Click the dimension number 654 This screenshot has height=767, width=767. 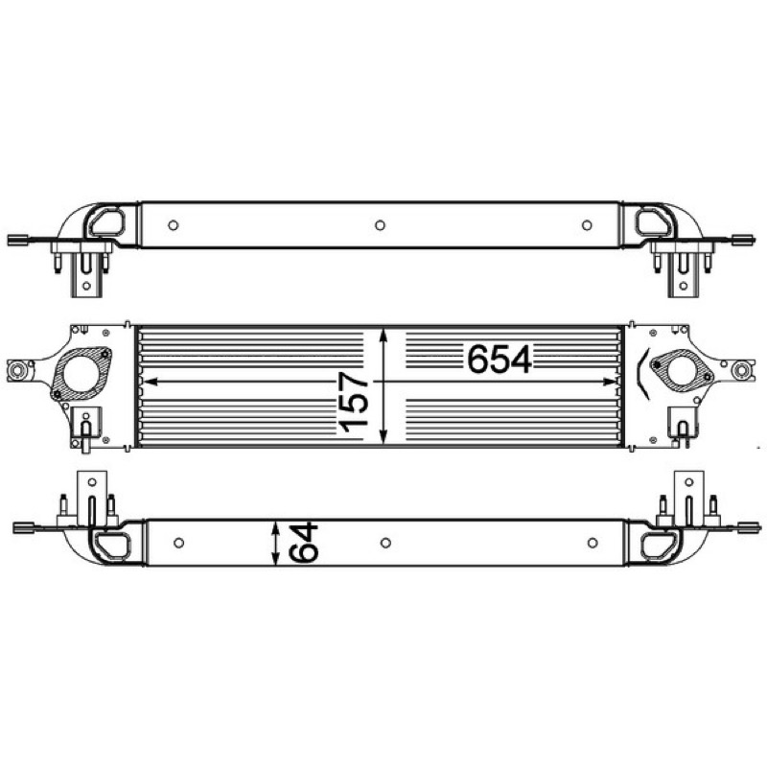tap(500, 359)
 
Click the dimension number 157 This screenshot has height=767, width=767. tap(353, 402)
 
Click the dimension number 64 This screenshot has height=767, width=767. tap(303, 542)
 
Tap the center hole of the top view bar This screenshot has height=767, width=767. tap(380, 225)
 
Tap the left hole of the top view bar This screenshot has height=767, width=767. tap(174, 225)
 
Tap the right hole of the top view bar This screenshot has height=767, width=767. tap(587, 225)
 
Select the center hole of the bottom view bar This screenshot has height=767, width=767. tap(385, 543)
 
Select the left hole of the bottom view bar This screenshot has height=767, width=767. tap(179, 543)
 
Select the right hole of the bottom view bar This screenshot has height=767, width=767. tap(593, 543)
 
